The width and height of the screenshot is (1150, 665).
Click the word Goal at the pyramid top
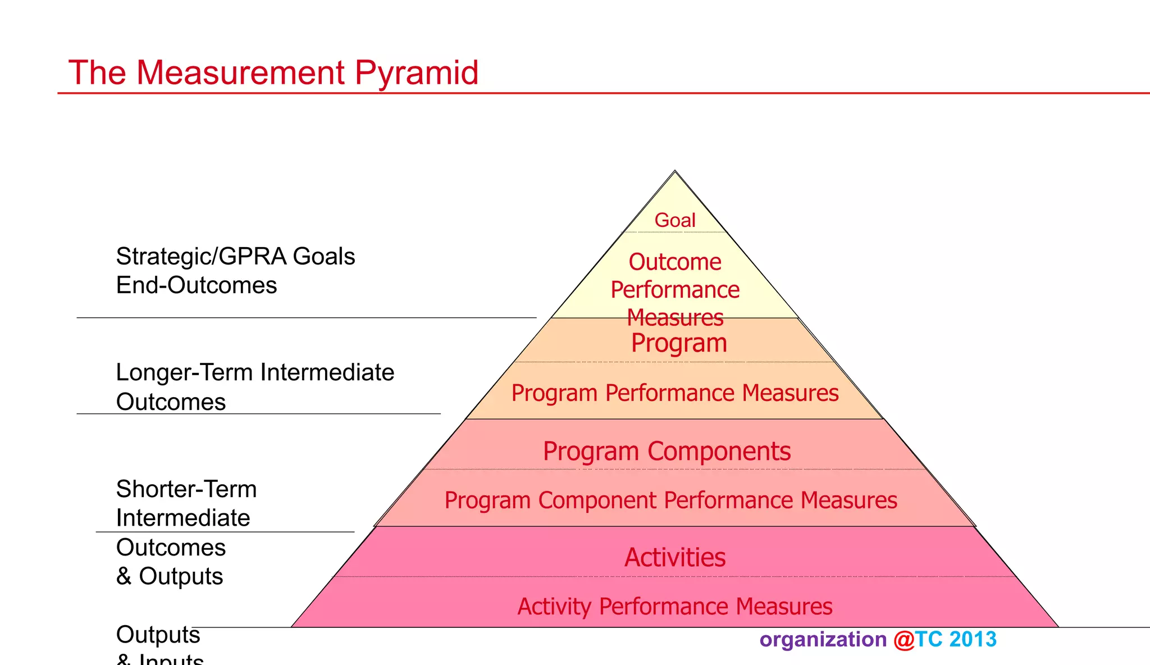pyautogui.click(x=675, y=220)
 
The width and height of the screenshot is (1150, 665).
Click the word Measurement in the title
pyautogui.click(x=240, y=73)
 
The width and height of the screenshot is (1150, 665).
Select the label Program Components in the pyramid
pyautogui.click(x=667, y=452)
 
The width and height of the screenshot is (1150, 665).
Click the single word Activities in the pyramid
pyautogui.click(x=675, y=558)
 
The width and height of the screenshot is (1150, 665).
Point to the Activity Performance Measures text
pyautogui.click(x=675, y=607)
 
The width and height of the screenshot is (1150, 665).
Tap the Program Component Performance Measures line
pyautogui.click(x=670, y=500)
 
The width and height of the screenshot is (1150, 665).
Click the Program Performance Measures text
pyautogui.click(x=675, y=393)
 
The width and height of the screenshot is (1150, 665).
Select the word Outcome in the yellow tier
pyautogui.click(x=675, y=262)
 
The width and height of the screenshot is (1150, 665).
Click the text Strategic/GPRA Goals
pyautogui.click(x=235, y=257)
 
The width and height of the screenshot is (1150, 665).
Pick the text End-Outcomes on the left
pyautogui.click(x=196, y=285)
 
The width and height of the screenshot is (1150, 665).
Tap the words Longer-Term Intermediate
pyautogui.click(x=255, y=373)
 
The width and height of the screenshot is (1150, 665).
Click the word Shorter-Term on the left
pyautogui.click(x=186, y=489)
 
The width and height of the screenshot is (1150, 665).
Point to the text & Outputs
pyautogui.click(x=170, y=576)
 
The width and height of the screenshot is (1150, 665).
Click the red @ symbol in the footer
pyautogui.click(x=903, y=640)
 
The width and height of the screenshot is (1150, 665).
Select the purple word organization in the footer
pyautogui.click(x=823, y=640)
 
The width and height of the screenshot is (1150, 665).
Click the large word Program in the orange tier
pyautogui.click(x=679, y=343)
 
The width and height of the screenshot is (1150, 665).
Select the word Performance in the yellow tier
pyautogui.click(x=675, y=290)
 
